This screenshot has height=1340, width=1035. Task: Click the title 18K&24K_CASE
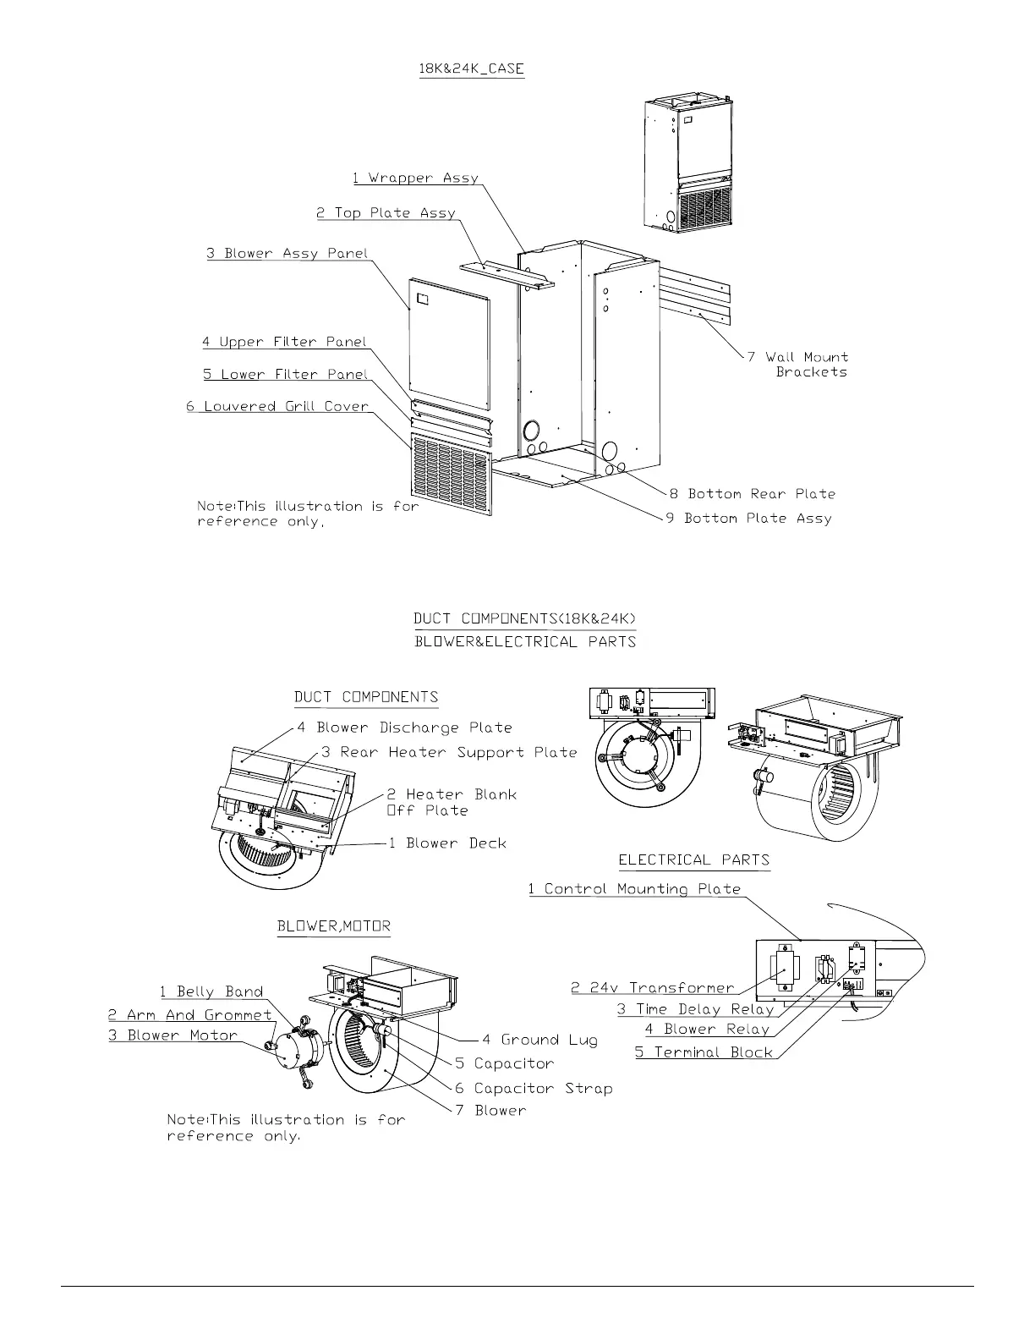(x=472, y=69)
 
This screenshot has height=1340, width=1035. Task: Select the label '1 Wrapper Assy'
(x=415, y=178)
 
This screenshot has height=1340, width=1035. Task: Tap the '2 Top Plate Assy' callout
(x=386, y=213)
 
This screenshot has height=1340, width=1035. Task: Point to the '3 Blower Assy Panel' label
(x=287, y=254)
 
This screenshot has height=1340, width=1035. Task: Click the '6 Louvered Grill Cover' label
(x=277, y=407)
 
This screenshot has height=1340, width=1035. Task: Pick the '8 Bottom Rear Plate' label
(x=753, y=494)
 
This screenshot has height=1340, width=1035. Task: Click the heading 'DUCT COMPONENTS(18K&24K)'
(x=524, y=619)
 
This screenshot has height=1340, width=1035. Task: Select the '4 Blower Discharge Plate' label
(x=404, y=728)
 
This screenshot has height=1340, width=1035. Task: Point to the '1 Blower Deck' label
(x=447, y=843)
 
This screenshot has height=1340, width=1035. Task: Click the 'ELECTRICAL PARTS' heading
(x=694, y=861)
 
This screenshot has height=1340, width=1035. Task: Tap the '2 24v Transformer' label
(x=653, y=988)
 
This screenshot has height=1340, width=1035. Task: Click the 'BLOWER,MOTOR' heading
(x=334, y=926)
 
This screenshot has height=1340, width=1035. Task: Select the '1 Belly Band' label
(x=211, y=992)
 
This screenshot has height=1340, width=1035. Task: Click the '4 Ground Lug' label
(x=539, y=1041)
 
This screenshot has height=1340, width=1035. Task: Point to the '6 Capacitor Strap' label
(x=534, y=1089)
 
